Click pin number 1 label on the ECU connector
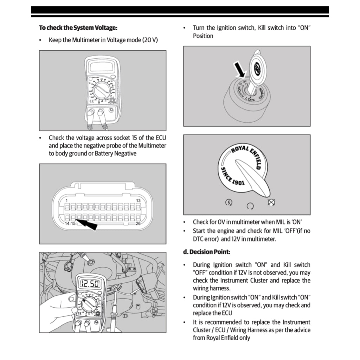pyautogui.click(x=66, y=200)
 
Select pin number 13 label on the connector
pyautogui.click(x=138, y=200)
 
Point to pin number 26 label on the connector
pyautogui.click(x=138, y=223)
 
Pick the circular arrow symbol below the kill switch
pyautogui.click(x=250, y=206)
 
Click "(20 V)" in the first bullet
pyautogui.click(x=150, y=40)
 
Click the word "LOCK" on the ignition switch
pyautogui.click(x=250, y=99)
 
